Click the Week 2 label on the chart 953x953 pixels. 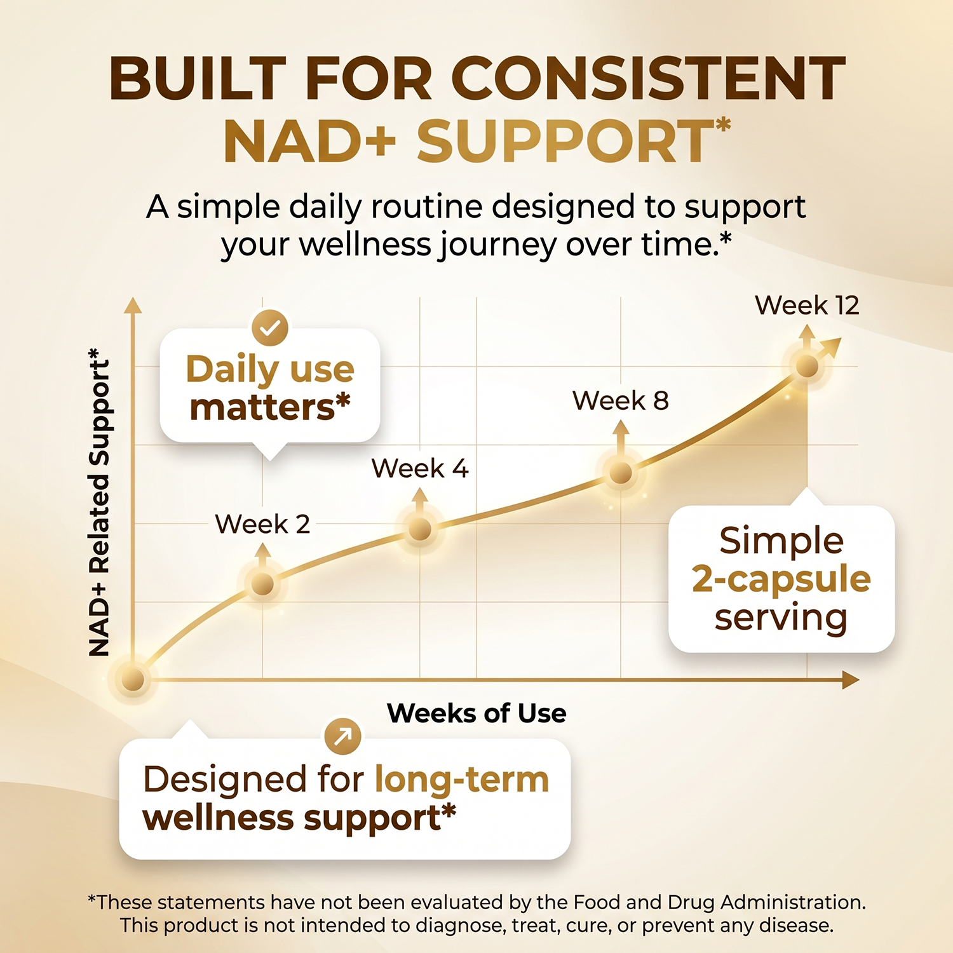tap(262, 524)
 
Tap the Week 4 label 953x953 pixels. tap(420, 469)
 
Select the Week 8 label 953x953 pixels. tap(621, 400)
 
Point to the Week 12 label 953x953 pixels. tap(807, 306)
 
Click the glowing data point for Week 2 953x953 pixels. tap(262, 584)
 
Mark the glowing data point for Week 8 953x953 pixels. tap(621, 473)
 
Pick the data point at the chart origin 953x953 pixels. tap(133, 679)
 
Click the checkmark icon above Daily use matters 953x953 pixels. tap(270, 328)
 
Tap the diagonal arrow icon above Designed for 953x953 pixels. tap(343, 737)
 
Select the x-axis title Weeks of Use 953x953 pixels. tap(476, 713)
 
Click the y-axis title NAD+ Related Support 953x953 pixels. tap(99, 502)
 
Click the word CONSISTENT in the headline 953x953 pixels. tap(649, 79)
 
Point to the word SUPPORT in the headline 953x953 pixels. tap(565, 141)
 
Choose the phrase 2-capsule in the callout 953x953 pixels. tap(781, 579)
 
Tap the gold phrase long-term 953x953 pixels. tap(462, 780)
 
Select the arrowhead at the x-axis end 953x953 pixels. tap(851, 680)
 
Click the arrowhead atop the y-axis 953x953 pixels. tap(133, 306)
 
